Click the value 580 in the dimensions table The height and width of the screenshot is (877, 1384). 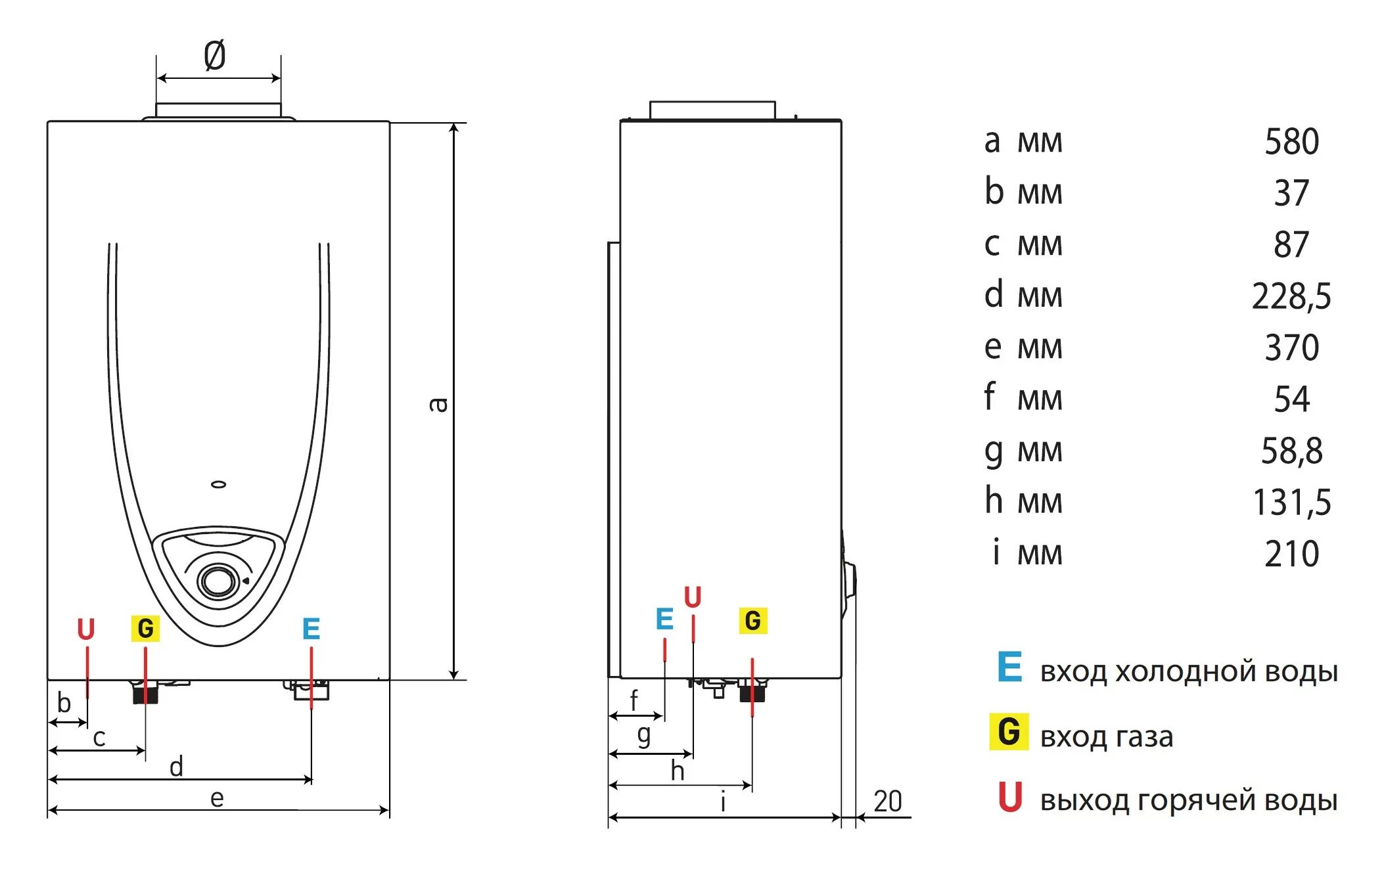1291,142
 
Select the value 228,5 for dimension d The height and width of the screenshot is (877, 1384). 1291,296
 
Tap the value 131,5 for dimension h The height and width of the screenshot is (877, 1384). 1291,503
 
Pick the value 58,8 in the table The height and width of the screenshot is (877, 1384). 1291,451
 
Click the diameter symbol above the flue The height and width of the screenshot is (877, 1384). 215,55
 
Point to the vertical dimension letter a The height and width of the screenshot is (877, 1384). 438,404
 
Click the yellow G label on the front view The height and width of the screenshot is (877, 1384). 145,629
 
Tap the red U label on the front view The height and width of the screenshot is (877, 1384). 86,629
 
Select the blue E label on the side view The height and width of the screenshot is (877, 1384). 664,619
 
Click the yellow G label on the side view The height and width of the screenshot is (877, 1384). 753,621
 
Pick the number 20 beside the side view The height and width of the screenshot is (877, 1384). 887,801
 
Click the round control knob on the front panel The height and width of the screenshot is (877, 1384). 217,581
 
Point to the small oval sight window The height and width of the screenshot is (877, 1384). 219,485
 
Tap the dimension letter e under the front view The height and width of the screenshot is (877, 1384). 217,799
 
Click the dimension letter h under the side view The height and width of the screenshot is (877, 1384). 678,771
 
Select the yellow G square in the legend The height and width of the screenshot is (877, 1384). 1009,732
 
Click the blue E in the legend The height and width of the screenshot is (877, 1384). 1009,667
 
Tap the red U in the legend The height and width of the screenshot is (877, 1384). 1010,797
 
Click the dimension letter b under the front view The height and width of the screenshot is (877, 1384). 64,703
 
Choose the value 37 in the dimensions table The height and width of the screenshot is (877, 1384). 1291,193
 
